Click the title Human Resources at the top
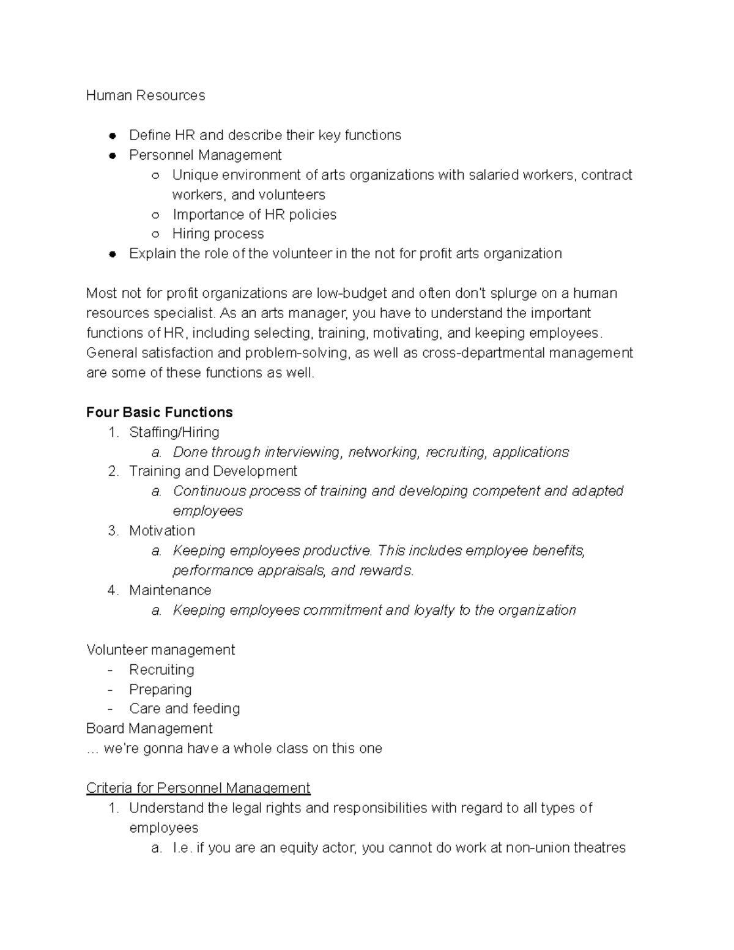point(146,95)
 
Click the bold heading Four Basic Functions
point(159,412)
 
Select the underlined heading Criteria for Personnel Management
point(198,788)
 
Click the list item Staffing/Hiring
point(174,432)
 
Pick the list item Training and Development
point(213,471)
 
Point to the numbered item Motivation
point(161,530)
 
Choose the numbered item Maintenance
point(170,590)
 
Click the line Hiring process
point(218,234)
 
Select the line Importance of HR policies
point(254,215)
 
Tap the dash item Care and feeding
point(184,708)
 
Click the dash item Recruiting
point(161,669)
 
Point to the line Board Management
point(149,729)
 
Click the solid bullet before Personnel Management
point(112,155)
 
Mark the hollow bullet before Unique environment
point(155,176)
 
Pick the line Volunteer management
point(160,650)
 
